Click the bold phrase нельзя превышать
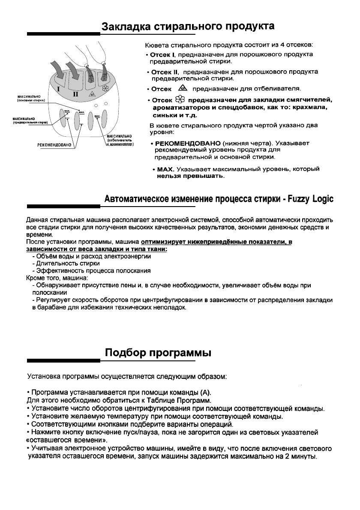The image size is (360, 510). tap(190, 176)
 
